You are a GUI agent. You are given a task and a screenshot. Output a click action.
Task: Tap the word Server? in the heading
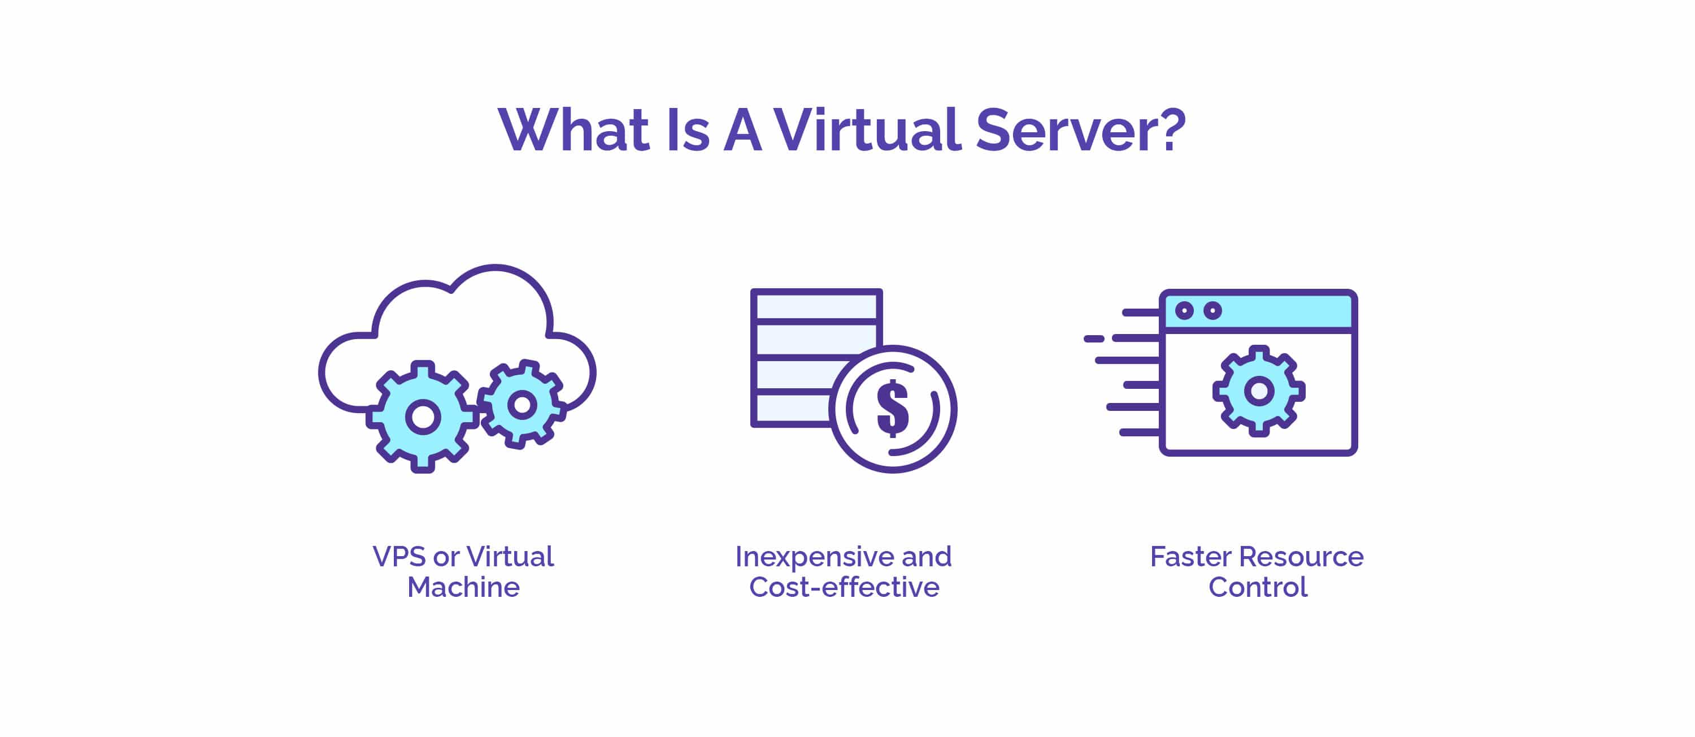click(1081, 131)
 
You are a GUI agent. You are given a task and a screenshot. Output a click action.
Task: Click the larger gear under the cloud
click(423, 417)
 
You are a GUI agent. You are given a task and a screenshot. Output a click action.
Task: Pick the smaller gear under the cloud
click(523, 404)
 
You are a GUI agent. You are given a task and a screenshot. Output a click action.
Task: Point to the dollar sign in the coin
click(893, 409)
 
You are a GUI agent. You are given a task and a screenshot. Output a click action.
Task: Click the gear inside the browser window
click(1259, 391)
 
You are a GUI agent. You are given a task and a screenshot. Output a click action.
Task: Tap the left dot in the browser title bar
click(1184, 311)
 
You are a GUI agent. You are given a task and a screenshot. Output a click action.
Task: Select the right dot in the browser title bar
click(1212, 311)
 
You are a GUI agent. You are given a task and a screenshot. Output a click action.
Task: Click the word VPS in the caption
click(399, 557)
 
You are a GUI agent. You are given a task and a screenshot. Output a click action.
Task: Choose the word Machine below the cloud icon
click(463, 587)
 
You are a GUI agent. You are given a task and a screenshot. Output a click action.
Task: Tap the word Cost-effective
click(844, 587)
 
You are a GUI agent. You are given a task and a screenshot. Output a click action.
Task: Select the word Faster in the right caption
click(1191, 557)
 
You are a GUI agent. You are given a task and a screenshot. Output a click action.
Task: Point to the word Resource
click(1302, 557)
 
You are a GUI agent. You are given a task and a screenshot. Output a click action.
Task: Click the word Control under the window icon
click(1258, 587)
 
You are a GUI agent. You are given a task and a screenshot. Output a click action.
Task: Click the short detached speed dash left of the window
click(1094, 339)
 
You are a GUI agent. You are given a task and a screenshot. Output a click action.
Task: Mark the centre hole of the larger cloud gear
click(423, 417)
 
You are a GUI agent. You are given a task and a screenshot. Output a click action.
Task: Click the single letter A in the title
click(742, 131)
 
